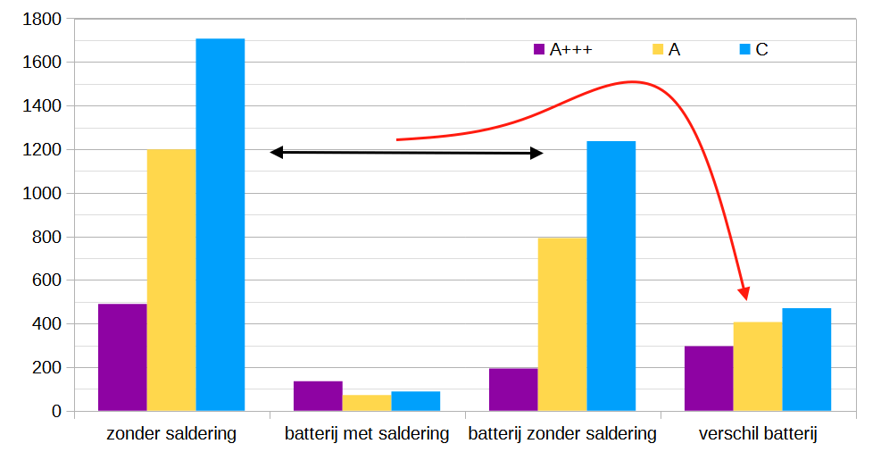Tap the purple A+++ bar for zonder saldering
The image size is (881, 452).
[x=122, y=357]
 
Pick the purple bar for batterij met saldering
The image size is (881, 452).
[x=318, y=396]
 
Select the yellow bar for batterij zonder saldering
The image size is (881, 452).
[x=562, y=324]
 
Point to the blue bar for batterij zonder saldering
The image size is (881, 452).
[x=611, y=276]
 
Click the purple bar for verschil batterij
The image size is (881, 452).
[x=709, y=379]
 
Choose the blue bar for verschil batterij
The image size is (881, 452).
[x=806, y=360]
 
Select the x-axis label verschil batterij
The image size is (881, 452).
[x=758, y=435]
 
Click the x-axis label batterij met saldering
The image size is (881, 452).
[x=367, y=435]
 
